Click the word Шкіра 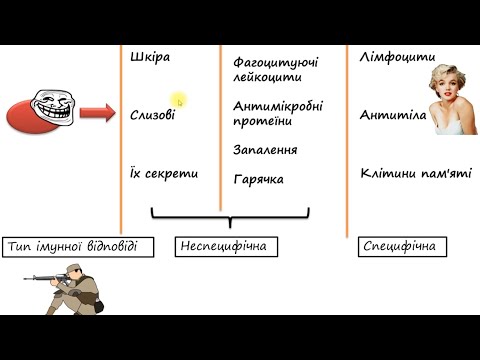(150, 57)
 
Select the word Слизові (152, 115)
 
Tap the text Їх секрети (164, 173)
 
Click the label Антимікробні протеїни (277, 113)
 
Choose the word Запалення (265, 149)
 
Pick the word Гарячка (258, 180)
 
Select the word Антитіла (393, 115)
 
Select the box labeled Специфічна (399, 246)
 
